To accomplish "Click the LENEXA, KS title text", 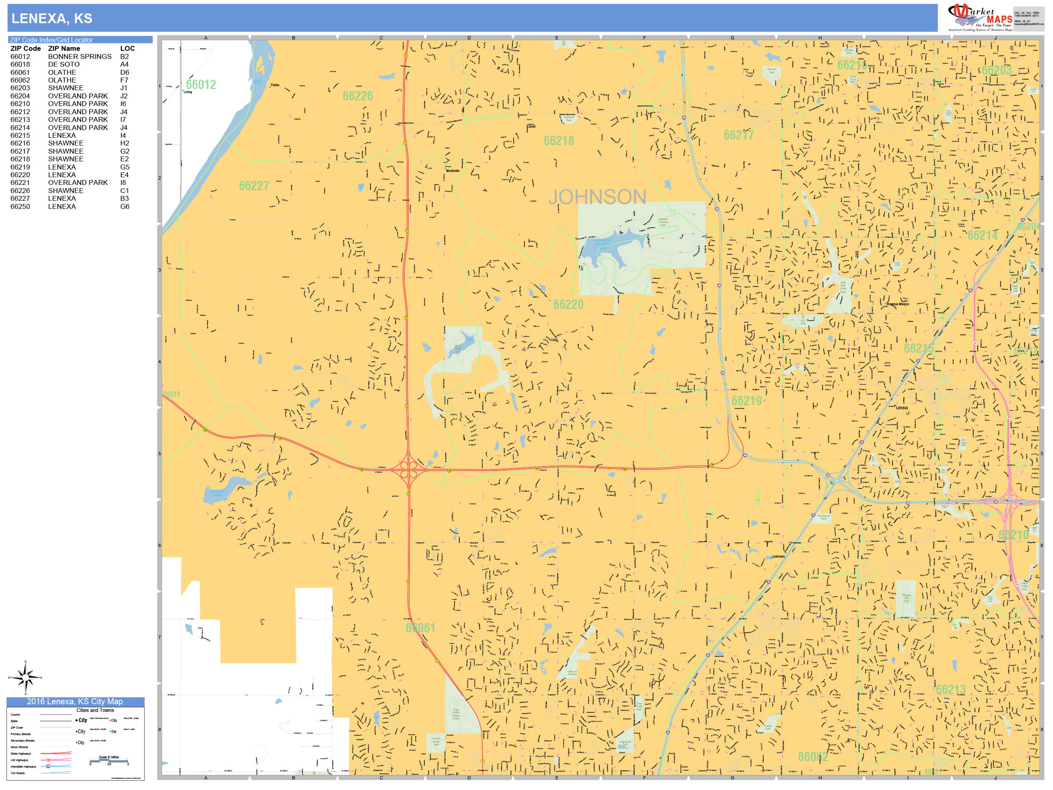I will [52, 19].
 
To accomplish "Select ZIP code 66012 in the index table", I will [20, 56].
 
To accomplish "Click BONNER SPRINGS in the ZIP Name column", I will [80, 56].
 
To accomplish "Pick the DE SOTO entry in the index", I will [63, 64].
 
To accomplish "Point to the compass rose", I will [25, 677].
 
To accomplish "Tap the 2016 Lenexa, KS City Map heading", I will [75, 701].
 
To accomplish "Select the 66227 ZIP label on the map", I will [254, 186].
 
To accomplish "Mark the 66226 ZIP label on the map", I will [357, 96].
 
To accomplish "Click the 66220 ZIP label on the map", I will [568, 304].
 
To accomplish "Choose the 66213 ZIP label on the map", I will [950, 690].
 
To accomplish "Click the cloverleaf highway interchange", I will [408, 469].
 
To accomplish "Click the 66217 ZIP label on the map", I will [738, 135].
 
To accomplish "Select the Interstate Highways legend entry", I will [23, 767].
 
